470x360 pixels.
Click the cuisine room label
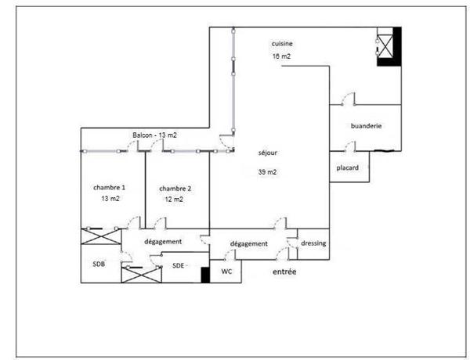pyautogui.click(x=282, y=44)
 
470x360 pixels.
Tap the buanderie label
pyautogui.click(x=367, y=126)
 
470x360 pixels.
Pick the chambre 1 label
pyautogui.click(x=110, y=188)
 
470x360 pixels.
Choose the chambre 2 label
pyautogui.click(x=175, y=189)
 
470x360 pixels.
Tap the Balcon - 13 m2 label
pyautogui.click(x=154, y=135)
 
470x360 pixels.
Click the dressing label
pyautogui.click(x=313, y=243)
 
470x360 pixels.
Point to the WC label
pyautogui.click(x=226, y=272)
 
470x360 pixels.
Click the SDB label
pyautogui.click(x=99, y=264)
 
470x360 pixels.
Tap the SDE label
pyautogui.click(x=179, y=265)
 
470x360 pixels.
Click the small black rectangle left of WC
pyautogui.click(x=205, y=274)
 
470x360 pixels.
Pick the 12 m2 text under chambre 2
pyautogui.click(x=174, y=200)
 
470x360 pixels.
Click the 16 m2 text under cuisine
pyautogui.click(x=282, y=57)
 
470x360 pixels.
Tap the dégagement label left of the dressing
pyautogui.click(x=250, y=244)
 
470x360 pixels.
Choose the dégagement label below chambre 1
pyautogui.click(x=163, y=242)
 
